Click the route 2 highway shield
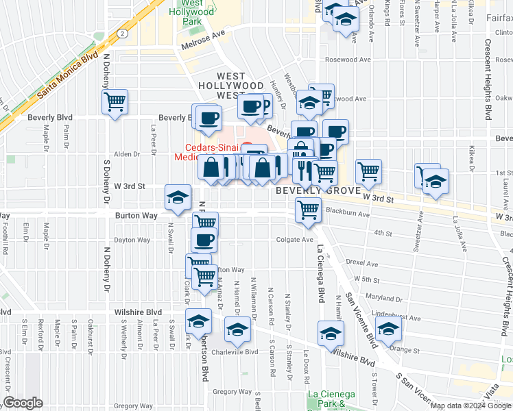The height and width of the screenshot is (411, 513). click(121, 32)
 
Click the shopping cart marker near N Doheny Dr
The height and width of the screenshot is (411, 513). click(115, 103)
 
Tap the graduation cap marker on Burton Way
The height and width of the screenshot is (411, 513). click(178, 199)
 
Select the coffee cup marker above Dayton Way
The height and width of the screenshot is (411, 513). click(204, 241)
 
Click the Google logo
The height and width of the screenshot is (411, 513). click(23, 403)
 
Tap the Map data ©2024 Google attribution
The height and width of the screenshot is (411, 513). click(470, 406)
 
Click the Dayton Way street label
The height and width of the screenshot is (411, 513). click(132, 240)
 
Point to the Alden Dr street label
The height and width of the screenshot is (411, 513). click(127, 154)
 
